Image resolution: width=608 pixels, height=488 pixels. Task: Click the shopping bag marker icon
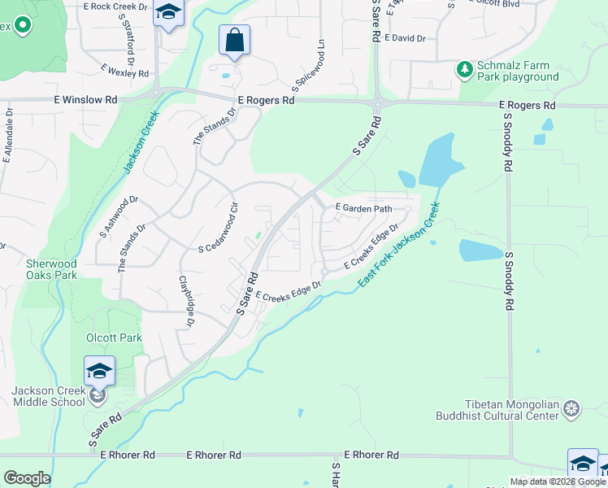pos(234,40)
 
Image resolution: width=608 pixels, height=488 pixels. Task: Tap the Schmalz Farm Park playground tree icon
pos(465,71)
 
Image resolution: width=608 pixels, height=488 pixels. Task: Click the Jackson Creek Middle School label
pos(48,396)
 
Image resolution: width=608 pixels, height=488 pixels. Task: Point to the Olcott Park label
pos(114,338)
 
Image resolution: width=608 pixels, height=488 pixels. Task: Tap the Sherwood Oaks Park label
pos(51,269)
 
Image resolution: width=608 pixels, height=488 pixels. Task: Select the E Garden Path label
pos(364,208)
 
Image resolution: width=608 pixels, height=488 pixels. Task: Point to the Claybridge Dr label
pos(186,302)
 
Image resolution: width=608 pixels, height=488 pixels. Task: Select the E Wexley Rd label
pos(124,72)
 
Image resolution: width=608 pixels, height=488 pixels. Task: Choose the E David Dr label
pos(405,37)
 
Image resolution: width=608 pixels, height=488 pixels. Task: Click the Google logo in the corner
pos(27,478)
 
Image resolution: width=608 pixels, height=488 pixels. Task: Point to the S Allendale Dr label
pos(7,135)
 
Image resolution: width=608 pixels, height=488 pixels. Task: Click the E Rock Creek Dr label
pos(116,6)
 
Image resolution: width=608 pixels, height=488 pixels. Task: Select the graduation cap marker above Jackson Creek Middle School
pos(99,371)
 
